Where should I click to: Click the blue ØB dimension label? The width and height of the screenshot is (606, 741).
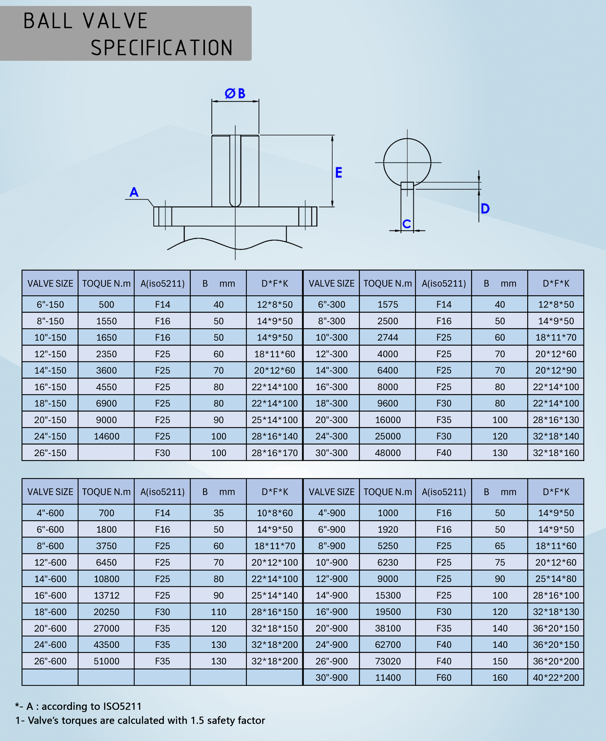tap(235, 94)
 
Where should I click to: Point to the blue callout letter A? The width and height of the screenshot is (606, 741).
tap(134, 192)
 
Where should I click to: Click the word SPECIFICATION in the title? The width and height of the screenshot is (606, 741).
tap(162, 48)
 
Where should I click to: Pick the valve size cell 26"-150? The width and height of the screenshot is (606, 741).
tap(50, 453)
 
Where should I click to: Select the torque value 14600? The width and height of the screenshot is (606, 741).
tap(106, 436)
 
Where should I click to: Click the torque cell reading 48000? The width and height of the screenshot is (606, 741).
tap(387, 453)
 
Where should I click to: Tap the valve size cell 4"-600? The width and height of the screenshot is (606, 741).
tap(50, 513)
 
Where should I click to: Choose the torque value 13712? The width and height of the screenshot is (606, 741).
tap(106, 595)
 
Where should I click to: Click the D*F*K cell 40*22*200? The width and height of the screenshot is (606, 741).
tap(556, 677)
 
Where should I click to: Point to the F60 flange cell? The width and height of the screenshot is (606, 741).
tap(444, 677)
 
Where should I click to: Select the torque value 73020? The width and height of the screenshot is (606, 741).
tap(387, 661)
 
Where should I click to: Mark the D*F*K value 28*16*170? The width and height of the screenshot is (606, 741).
tap(275, 453)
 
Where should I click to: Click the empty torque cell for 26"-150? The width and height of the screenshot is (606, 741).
tap(106, 453)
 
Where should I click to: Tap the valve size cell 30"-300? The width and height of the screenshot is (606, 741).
tap(332, 453)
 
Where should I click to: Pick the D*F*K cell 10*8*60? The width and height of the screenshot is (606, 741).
tap(275, 513)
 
